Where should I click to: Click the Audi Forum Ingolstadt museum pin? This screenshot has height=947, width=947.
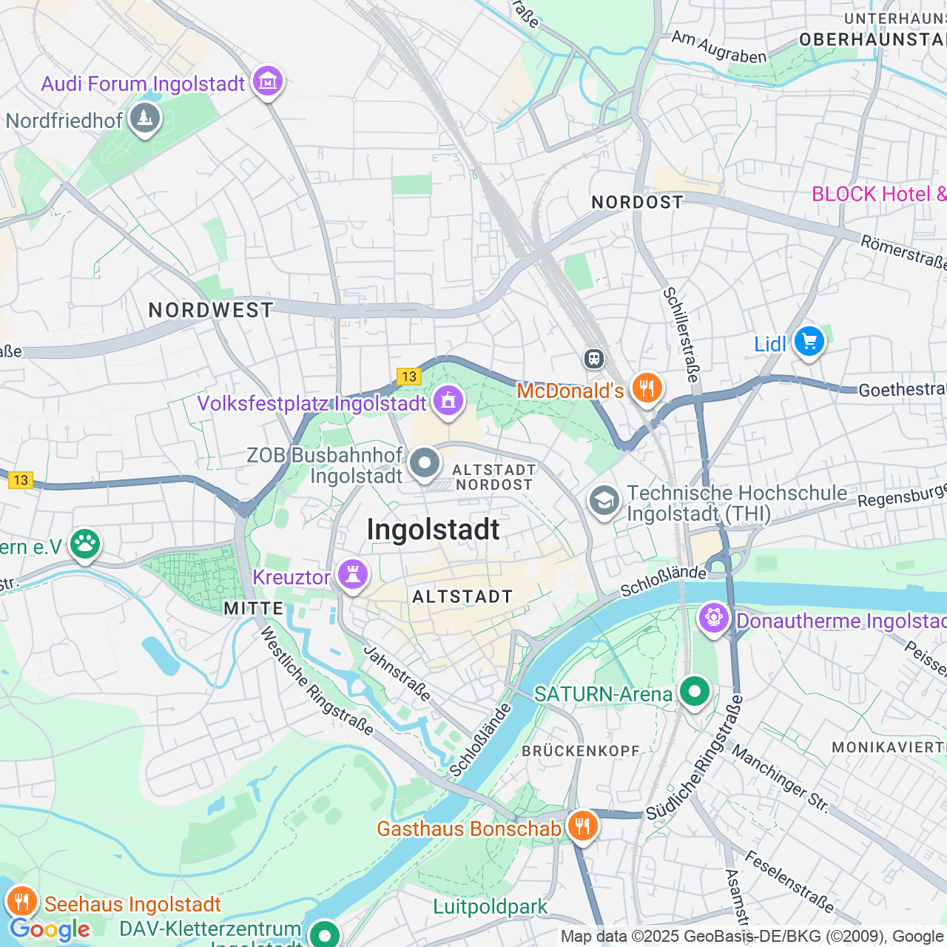[x=268, y=81]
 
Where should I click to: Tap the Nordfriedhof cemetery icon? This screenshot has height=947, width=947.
[x=145, y=118]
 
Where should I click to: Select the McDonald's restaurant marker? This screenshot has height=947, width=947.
[x=647, y=388]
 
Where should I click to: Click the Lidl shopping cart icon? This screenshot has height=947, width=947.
[x=809, y=342]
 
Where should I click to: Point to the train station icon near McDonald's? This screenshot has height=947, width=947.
[x=593, y=359]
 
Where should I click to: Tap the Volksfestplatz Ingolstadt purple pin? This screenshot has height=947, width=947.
[x=448, y=401]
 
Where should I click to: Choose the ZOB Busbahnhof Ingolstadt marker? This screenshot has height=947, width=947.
[x=425, y=464]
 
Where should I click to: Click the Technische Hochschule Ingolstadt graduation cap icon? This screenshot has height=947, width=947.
[x=604, y=501]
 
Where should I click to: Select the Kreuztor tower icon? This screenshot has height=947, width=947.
[x=353, y=574]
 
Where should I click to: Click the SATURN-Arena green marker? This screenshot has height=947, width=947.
[x=694, y=692]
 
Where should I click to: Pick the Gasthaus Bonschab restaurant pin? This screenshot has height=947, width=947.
[x=583, y=826]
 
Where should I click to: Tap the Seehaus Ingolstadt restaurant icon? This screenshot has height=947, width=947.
[x=22, y=902]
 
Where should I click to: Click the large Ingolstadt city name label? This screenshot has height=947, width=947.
[x=434, y=530]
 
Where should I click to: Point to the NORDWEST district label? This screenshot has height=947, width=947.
[x=211, y=310]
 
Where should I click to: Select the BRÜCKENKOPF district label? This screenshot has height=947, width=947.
[x=581, y=751]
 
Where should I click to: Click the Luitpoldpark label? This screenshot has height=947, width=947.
[x=490, y=906]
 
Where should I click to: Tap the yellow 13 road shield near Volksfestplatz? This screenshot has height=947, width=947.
[x=408, y=377]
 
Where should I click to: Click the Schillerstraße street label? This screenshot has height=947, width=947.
[x=681, y=334]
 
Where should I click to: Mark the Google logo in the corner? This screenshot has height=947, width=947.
[x=50, y=929]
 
